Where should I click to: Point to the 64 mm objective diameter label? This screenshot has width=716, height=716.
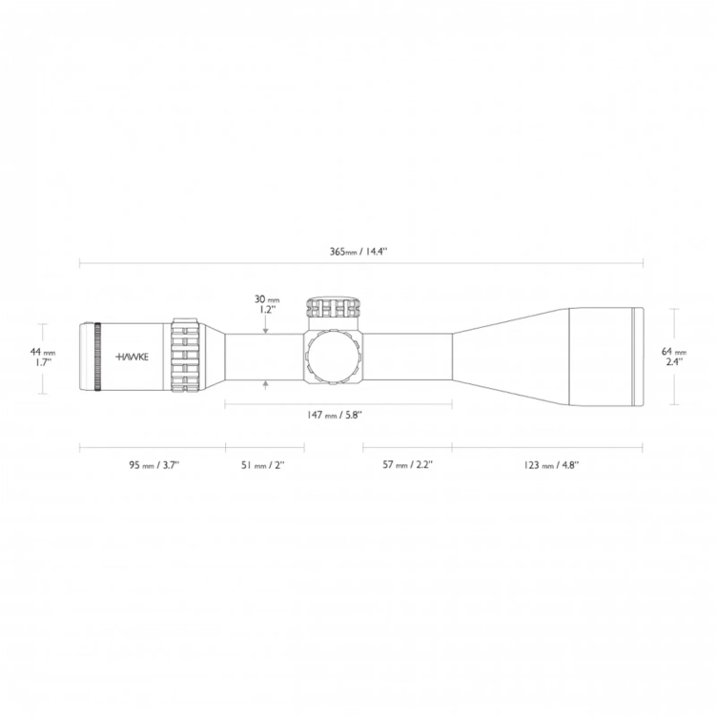[x=674, y=352]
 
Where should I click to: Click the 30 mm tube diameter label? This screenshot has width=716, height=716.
[x=266, y=299]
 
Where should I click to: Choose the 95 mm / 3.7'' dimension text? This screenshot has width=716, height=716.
[x=153, y=464]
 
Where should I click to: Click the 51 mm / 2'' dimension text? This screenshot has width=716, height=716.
[x=264, y=464]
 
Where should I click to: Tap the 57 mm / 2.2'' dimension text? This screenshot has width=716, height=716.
[x=407, y=464]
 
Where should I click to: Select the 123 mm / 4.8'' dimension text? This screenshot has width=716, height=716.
[x=551, y=464]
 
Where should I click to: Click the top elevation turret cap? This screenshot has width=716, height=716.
[x=335, y=307]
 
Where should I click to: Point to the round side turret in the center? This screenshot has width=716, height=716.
[x=335, y=357]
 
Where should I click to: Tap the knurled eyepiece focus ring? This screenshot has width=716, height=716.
[x=97, y=358]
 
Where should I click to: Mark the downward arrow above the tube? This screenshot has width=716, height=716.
[x=266, y=329]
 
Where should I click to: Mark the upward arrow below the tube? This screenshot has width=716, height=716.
[x=266, y=384]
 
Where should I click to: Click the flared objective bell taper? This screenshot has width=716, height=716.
[x=510, y=357]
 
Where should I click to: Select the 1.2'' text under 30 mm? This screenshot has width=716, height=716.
[x=266, y=310]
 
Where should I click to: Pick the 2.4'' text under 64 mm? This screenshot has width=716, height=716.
[x=673, y=362]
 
